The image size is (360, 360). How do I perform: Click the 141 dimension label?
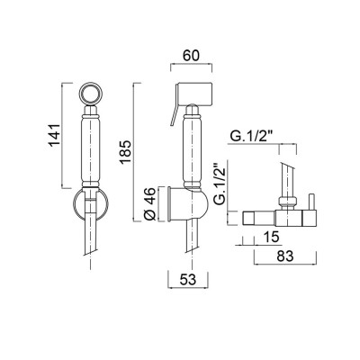[x=55, y=135]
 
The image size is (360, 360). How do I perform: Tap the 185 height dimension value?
[x=125, y=152]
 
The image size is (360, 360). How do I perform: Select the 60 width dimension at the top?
[x=191, y=56]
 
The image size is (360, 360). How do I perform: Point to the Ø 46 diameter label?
[x=150, y=204]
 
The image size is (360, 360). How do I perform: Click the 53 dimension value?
[x=188, y=280]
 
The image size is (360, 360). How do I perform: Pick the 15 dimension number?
[x=271, y=237]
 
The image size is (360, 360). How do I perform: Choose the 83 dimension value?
[x=284, y=256]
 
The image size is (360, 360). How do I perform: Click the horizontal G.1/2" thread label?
[x=251, y=137]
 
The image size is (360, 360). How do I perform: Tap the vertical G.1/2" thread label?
[x=220, y=184]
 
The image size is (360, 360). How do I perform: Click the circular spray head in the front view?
[x=91, y=93]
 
